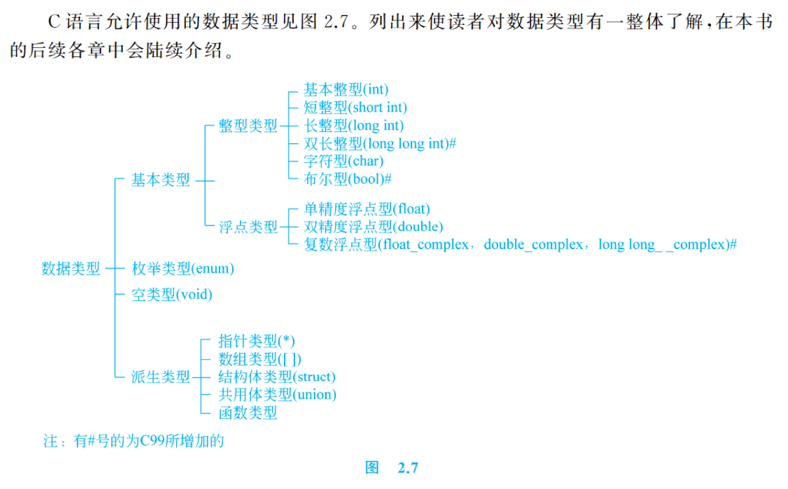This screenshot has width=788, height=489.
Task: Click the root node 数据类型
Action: pyautogui.click(x=71, y=268)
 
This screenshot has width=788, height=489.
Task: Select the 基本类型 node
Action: pyautogui.click(x=160, y=179)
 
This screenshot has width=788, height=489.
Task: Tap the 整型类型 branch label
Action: pyautogui.click(x=248, y=126)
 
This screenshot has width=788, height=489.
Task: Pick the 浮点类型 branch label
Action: pyautogui.click(x=248, y=227)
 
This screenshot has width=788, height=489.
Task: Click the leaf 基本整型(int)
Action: pyautogui.click(x=346, y=89)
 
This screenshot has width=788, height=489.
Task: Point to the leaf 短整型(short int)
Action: pyautogui.click(x=355, y=107)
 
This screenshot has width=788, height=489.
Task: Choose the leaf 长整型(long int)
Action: pyautogui.click(x=354, y=125)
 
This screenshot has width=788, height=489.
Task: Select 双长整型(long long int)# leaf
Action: pyautogui.click(x=380, y=143)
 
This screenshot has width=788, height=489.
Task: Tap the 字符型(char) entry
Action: pyautogui.click(x=344, y=160)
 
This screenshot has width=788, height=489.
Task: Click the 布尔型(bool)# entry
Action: pyautogui.click(x=348, y=179)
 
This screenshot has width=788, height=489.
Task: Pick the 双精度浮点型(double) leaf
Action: pyautogui.click(x=373, y=227)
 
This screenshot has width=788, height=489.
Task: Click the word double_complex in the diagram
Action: pyautogui.click(x=533, y=244)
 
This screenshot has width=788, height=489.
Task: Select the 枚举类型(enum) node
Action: pyautogui.click(x=183, y=268)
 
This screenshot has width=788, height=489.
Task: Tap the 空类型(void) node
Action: pyautogui.click(x=172, y=294)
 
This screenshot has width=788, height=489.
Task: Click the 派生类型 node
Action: pyautogui.click(x=160, y=377)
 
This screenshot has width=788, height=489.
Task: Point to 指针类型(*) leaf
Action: pyautogui.click(x=256, y=340)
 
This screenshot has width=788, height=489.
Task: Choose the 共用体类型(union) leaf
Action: pyautogui.click(x=277, y=394)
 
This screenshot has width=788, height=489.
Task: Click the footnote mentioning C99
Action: pyautogui.click(x=134, y=440)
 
